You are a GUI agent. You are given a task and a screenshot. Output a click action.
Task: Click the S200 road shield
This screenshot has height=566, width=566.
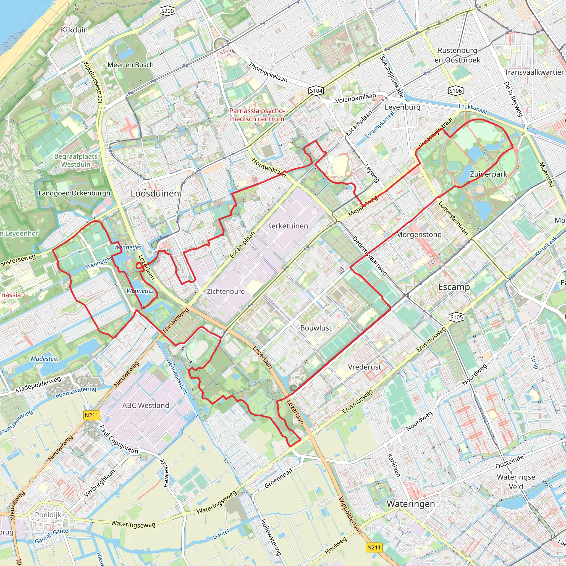point(167,11)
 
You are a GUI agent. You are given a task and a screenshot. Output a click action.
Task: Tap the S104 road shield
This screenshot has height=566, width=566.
point(316,91)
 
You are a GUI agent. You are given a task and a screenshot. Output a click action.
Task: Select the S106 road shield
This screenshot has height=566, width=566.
point(455,91)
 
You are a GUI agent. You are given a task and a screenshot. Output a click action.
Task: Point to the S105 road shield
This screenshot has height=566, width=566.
point(457,317)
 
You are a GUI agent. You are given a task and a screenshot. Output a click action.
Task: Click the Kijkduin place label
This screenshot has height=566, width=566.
point(74,30)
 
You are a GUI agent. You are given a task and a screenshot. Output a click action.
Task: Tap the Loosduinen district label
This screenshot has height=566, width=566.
point(155,193)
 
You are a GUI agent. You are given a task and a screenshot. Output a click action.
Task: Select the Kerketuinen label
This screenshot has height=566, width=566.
point(287,226)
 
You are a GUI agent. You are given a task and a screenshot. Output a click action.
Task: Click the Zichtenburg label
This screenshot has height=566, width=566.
point(226,292)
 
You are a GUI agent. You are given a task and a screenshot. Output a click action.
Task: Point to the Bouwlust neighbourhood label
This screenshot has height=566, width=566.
point(316,328)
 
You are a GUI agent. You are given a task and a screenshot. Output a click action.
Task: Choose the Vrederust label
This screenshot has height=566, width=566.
point(365,367)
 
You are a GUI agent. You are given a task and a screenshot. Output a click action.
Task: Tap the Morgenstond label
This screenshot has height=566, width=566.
point(419,235)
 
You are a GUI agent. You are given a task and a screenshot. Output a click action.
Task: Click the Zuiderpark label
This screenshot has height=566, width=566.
point(488,174)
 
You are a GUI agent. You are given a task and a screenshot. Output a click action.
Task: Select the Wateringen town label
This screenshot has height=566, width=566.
point(411,504)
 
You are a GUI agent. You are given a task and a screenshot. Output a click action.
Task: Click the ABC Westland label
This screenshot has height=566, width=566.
point(146,405)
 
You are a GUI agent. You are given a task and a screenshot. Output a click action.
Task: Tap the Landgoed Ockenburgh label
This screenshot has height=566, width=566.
point(74,193)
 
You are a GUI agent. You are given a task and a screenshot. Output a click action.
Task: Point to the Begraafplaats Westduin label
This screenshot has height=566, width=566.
point(75,160)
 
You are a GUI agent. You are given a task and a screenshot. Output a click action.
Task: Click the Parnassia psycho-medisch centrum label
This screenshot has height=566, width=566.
point(257,115)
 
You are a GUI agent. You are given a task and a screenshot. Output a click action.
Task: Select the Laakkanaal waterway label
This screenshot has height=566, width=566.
point(473,109)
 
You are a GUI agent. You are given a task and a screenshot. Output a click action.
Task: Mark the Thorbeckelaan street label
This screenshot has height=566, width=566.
point(268,72)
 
